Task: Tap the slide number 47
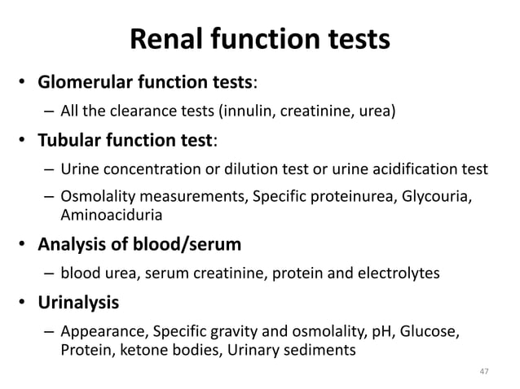pos(483,372)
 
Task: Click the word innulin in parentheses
pos(238,109)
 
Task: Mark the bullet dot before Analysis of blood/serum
pos(24,245)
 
